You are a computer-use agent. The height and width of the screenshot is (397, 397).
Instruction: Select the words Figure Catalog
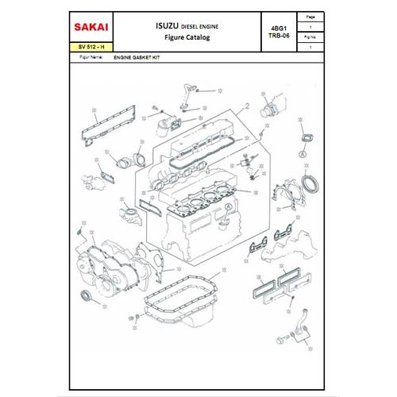click(x=183, y=37)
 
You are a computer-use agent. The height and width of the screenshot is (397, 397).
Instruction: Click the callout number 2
click(x=248, y=105)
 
